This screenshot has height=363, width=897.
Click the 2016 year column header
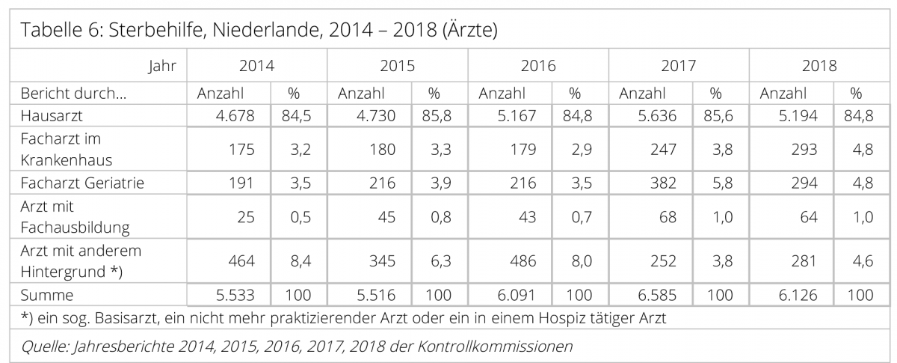537,66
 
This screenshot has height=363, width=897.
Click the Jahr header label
163,66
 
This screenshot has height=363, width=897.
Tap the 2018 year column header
819,66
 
